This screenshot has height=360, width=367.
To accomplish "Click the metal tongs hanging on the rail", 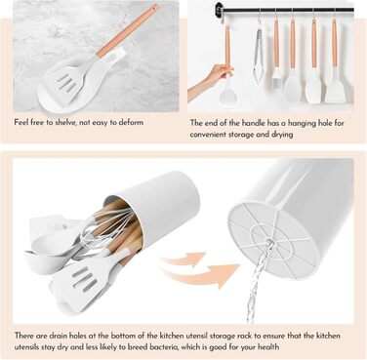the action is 259,56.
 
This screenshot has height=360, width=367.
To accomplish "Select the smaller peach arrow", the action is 183,259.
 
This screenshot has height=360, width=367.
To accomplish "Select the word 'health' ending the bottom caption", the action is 268,346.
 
